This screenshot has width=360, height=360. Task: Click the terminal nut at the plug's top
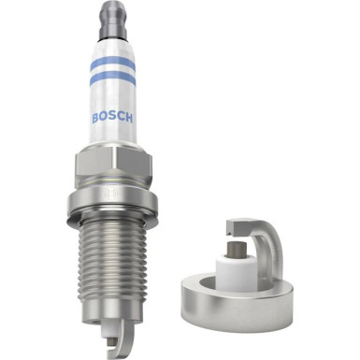coord(113,14)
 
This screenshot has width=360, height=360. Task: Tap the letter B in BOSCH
coord(95,117)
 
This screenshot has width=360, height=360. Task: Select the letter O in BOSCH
coord(103,118)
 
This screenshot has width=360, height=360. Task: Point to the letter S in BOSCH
coord(111,119)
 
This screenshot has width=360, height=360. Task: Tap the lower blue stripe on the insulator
coord(112,81)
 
